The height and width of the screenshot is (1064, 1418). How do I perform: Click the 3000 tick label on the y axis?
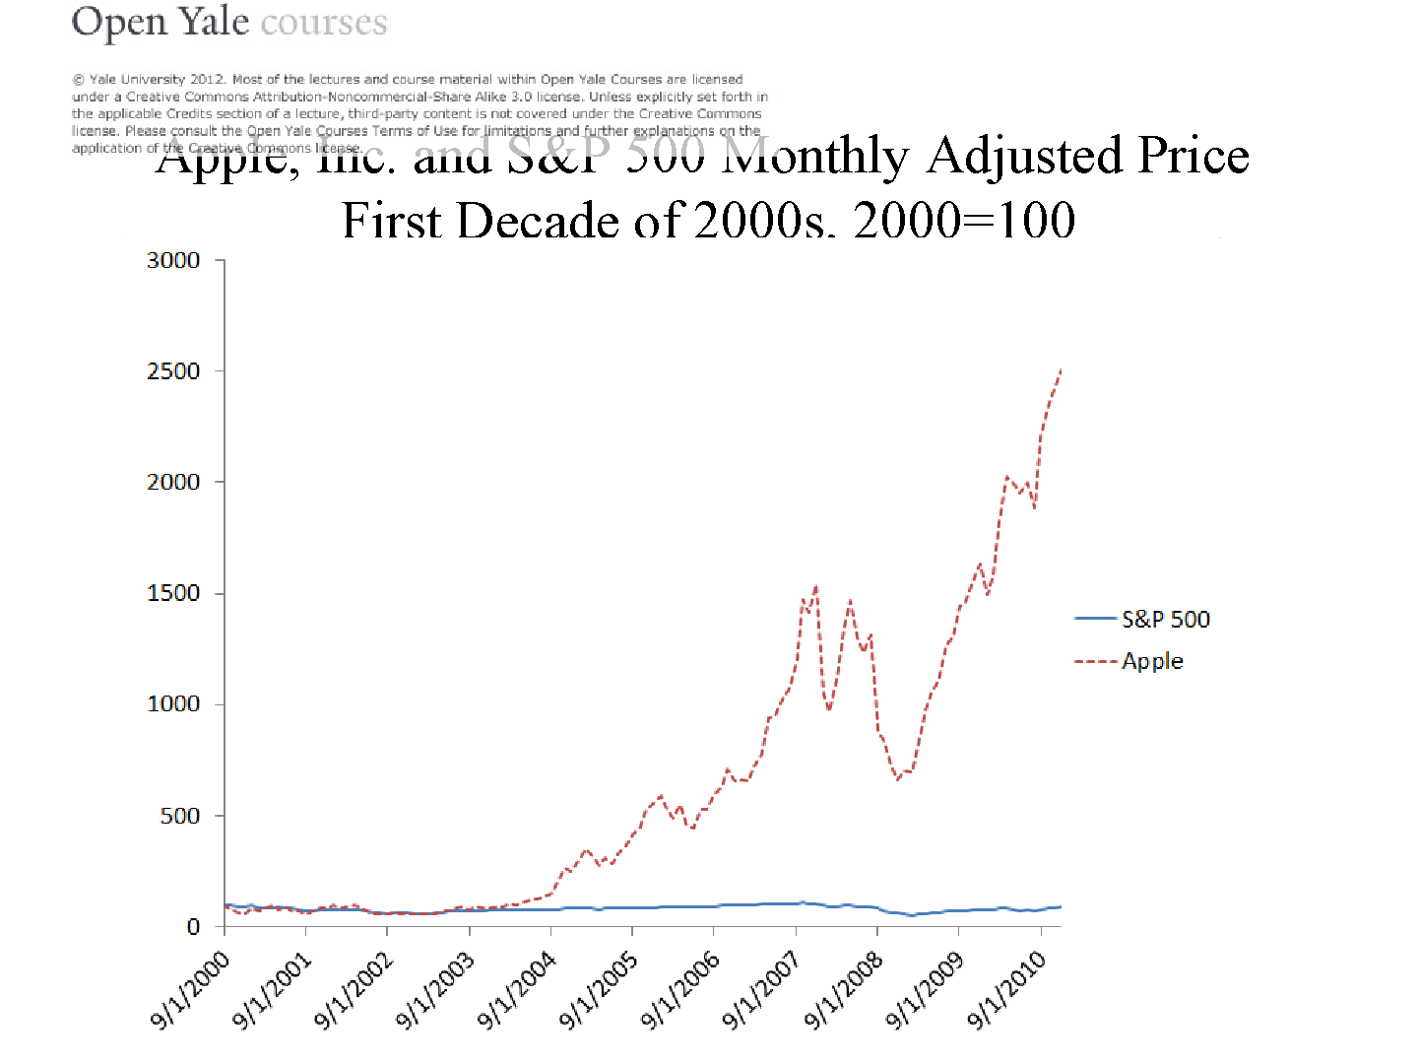pos(173,260)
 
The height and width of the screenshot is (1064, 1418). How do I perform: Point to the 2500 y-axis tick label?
pos(173,371)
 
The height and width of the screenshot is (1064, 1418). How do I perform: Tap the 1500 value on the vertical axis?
pos(173,593)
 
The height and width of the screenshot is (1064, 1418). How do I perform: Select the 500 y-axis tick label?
pos(180,816)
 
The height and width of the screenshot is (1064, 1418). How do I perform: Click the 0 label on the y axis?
pos(193,927)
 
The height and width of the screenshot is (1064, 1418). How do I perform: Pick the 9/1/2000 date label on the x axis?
pos(191,989)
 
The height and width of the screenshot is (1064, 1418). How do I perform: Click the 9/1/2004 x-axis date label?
pos(518,989)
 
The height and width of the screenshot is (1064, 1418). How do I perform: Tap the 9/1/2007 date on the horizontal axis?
pos(762,989)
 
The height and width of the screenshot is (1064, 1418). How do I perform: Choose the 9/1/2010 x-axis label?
pos(1007,989)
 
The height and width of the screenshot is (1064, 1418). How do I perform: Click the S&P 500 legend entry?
pos(1165,619)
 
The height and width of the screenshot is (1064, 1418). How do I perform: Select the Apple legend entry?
pos(1152,661)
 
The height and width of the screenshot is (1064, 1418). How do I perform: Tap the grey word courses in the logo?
pos(324,22)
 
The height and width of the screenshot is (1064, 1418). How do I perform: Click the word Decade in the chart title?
pos(538,220)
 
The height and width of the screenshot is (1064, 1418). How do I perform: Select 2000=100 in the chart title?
pos(964,220)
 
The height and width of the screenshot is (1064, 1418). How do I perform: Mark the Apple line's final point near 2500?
pos(1061,370)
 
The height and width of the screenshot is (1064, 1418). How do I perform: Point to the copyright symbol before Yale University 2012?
pos(78,80)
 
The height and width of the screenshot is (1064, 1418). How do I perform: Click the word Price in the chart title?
pos(1193,156)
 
